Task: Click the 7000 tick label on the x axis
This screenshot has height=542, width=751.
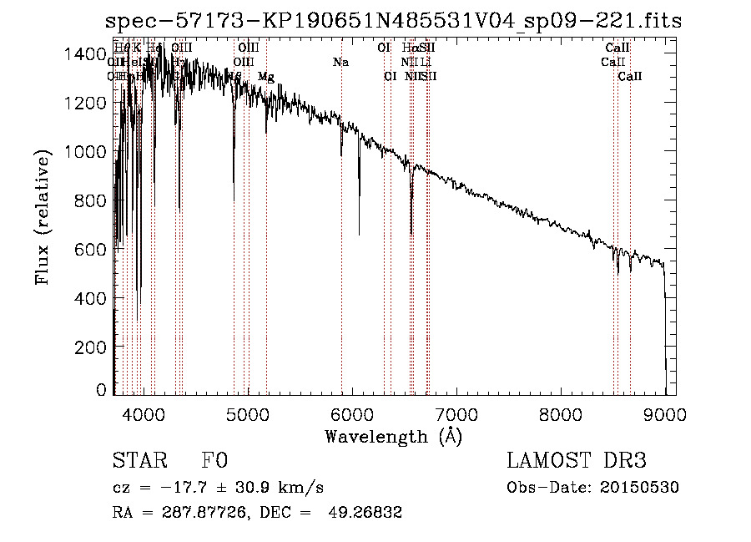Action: [x=456, y=413]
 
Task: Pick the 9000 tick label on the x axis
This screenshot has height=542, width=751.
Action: [x=665, y=413]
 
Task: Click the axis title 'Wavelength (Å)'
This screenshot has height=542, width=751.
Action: [x=393, y=436]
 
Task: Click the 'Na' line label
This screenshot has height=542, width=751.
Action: [x=340, y=62]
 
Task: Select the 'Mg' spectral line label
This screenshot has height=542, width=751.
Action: [x=265, y=77]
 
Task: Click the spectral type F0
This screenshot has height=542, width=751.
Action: [x=214, y=462]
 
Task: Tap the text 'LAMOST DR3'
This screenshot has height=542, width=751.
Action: [x=576, y=462]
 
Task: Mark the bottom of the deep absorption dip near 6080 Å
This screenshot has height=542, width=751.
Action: [x=360, y=235]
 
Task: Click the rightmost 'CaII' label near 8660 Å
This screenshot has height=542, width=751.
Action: [x=630, y=77]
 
